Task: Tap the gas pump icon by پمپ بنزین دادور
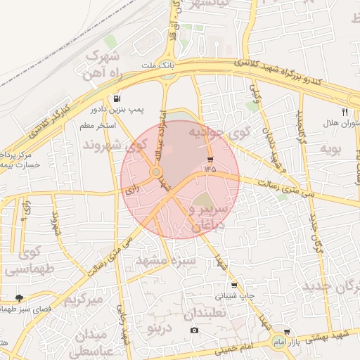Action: [x=116, y=98]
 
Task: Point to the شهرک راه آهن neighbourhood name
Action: [x=103, y=63]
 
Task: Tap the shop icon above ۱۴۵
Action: [x=210, y=159]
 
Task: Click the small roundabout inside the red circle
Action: [x=156, y=172]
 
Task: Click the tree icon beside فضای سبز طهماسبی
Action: [x=19, y=298]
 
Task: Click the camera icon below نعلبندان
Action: [x=194, y=330]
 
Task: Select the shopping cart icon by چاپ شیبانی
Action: [x=234, y=285]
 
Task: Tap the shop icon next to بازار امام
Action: [x=287, y=332]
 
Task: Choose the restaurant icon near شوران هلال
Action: [x=345, y=111]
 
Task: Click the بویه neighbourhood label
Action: [x=330, y=149]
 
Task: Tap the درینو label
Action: [x=154, y=328]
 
